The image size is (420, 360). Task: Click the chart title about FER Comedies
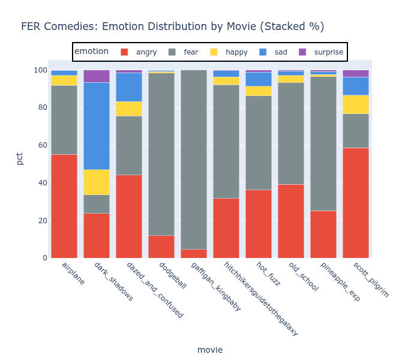pyautogui.click(x=172, y=26)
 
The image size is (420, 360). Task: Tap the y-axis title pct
pyautogui.click(x=20, y=158)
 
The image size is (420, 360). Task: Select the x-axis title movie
pyautogui.click(x=210, y=350)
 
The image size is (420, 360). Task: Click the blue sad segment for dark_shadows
pyautogui.click(x=97, y=126)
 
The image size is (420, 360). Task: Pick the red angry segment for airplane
pyautogui.click(x=64, y=206)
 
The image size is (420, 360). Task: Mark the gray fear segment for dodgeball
pyautogui.click(x=161, y=154)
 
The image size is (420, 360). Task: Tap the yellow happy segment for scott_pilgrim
pyautogui.click(x=356, y=104)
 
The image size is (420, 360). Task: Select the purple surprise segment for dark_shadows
pyautogui.click(x=97, y=76)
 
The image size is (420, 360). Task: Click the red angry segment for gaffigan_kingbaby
pyautogui.click(x=194, y=254)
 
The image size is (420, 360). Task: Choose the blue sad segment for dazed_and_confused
pyautogui.click(x=129, y=87)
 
